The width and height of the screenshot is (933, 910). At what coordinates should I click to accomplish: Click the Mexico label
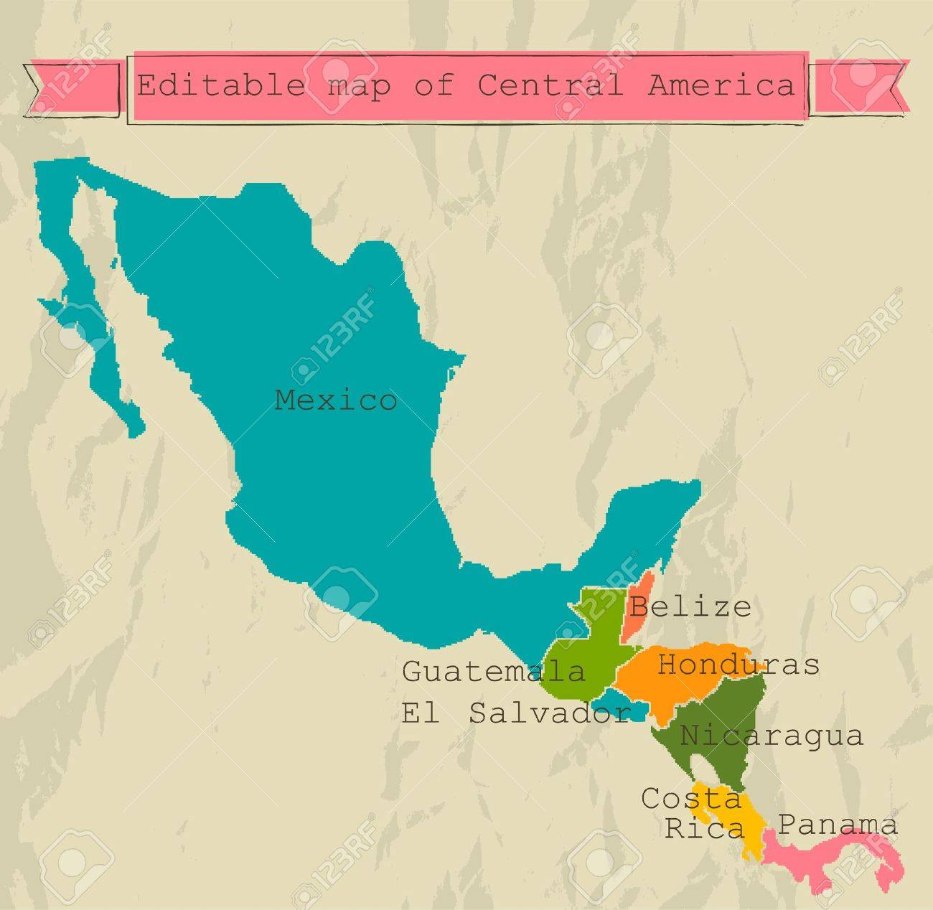click(x=335, y=400)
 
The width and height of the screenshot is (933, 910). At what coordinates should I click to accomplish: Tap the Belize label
click(x=690, y=607)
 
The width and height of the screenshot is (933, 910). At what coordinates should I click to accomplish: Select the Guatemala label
click(x=494, y=672)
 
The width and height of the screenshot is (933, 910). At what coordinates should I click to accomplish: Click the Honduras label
click(x=739, y=665)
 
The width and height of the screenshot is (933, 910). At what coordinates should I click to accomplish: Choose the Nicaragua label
click(x=772, y=736)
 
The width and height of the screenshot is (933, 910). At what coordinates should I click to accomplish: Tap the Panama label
click(x=838, y=825)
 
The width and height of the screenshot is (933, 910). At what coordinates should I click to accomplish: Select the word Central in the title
click(x=550, y=85)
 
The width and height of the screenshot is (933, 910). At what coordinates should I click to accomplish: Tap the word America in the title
click(x=721, y=85)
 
